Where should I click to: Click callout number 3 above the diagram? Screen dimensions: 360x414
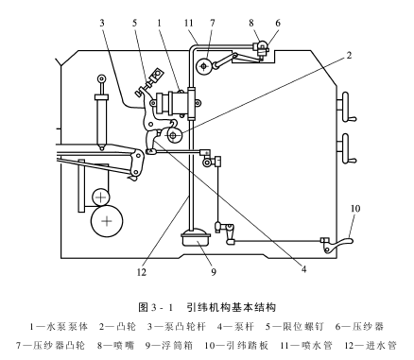tap(101, 21)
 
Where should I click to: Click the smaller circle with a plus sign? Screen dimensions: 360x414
tap(100, 196)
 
